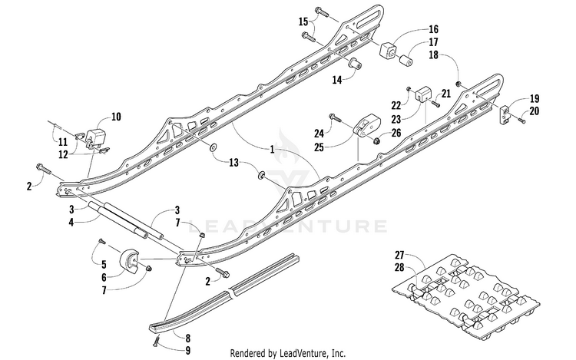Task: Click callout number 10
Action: tap(116, 117)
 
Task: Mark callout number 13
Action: tap(233, 162)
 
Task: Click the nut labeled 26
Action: tap(378, 141)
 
